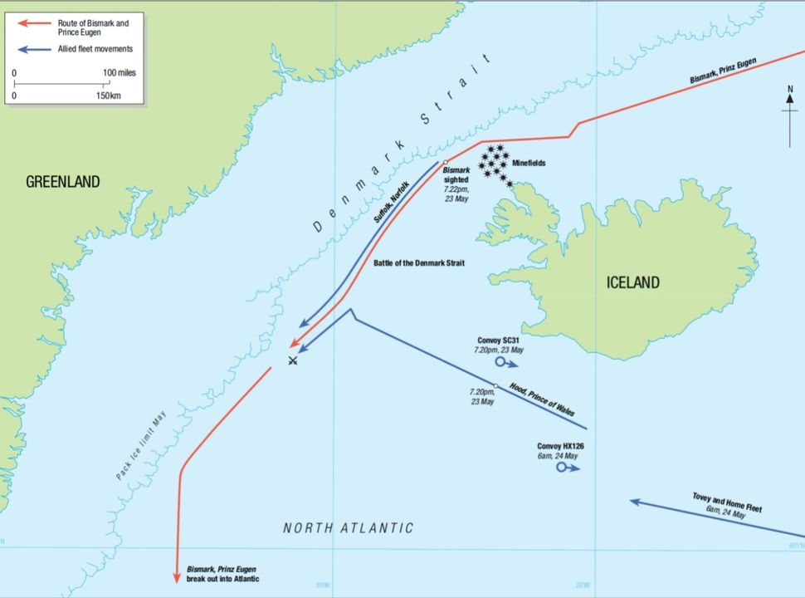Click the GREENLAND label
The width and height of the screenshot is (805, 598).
pyautogui.click(x=63, y=182)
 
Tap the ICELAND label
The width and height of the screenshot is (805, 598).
pyautogui.click(x=632, y=283)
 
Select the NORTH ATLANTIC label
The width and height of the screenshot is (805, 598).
pyautogui.click(x=348, y=528)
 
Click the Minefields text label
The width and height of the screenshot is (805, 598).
pyautogui.click(x=527, y=164)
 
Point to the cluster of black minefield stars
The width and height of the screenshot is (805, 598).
pyautogui.click(x=495, y=164)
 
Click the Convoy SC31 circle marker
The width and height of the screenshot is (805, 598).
pyautogui.click(x=500, y=362)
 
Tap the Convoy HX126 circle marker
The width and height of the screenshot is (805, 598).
pyautogui.click(x=562, y=468)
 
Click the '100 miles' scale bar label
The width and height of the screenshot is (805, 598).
pyautogui.click(x=119, y=73)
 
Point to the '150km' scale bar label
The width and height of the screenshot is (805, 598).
pyautogui.click(x=109, y=96)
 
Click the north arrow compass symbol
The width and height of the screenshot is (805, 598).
pyautogui.click(x=789, y=116)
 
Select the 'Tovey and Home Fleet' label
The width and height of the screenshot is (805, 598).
pyautogui.click(x=726, y=502)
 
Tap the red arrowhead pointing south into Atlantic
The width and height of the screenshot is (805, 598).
pyautogui.click(x=177, y=576)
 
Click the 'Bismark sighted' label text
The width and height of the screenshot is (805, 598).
pyautogui.click(x=456, y=174)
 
